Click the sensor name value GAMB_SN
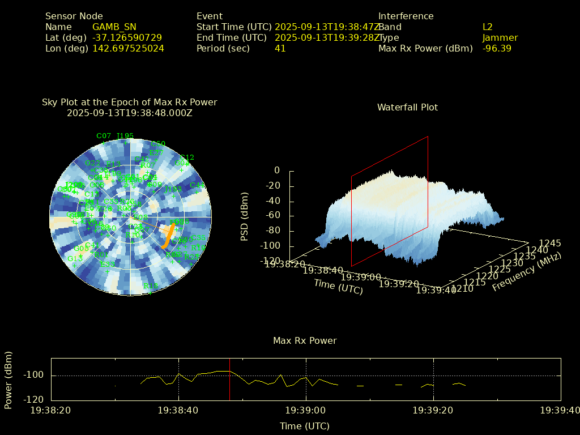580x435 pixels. coord(114,27)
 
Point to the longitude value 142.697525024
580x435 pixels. coord(128,49)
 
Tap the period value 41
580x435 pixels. coord(280,49)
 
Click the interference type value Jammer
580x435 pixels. coord(500,38)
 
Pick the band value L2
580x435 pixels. coord(487,27)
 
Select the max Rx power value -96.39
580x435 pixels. coord(497,49)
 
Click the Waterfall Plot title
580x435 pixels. coord(407,107)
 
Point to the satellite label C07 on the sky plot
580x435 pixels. coord(104,136)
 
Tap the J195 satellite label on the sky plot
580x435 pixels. coord(125,136)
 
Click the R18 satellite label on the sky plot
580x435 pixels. coord(151,287)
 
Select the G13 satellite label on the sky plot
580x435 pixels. coord(75,259)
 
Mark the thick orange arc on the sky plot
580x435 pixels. coord(168,236)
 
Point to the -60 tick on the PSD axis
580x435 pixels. coord(273,216)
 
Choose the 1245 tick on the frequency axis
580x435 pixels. coord(550,244)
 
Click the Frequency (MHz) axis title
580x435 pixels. coord(526,272)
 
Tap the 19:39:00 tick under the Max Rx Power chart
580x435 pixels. coord(306,410)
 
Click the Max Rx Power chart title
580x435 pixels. coord(305,341)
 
